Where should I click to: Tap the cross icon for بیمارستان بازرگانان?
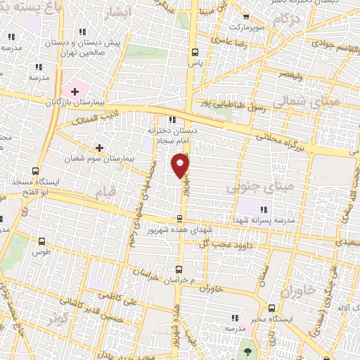coord(75,91)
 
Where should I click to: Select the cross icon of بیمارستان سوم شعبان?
coord(98,148)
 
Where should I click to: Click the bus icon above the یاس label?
coord(195,51)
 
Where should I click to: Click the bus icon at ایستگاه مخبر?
coord(273,307)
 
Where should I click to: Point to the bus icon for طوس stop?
coord(42,240)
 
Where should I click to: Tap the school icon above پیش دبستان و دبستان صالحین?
coord(82,32)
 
